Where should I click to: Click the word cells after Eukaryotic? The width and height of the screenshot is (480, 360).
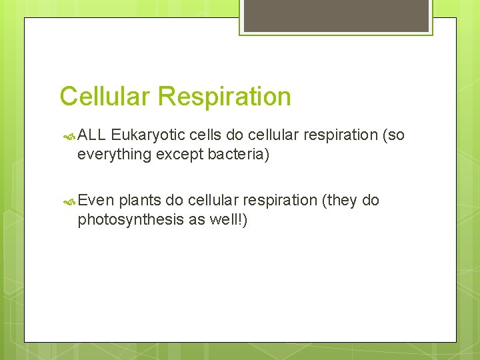pos(205,135)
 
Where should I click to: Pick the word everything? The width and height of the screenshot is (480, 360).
pos(114,155)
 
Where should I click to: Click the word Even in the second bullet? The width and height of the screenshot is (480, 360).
pos(96,201)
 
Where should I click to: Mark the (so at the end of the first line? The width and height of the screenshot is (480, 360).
pos(393,135)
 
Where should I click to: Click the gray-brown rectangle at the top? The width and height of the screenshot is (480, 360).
pos(335,15)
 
